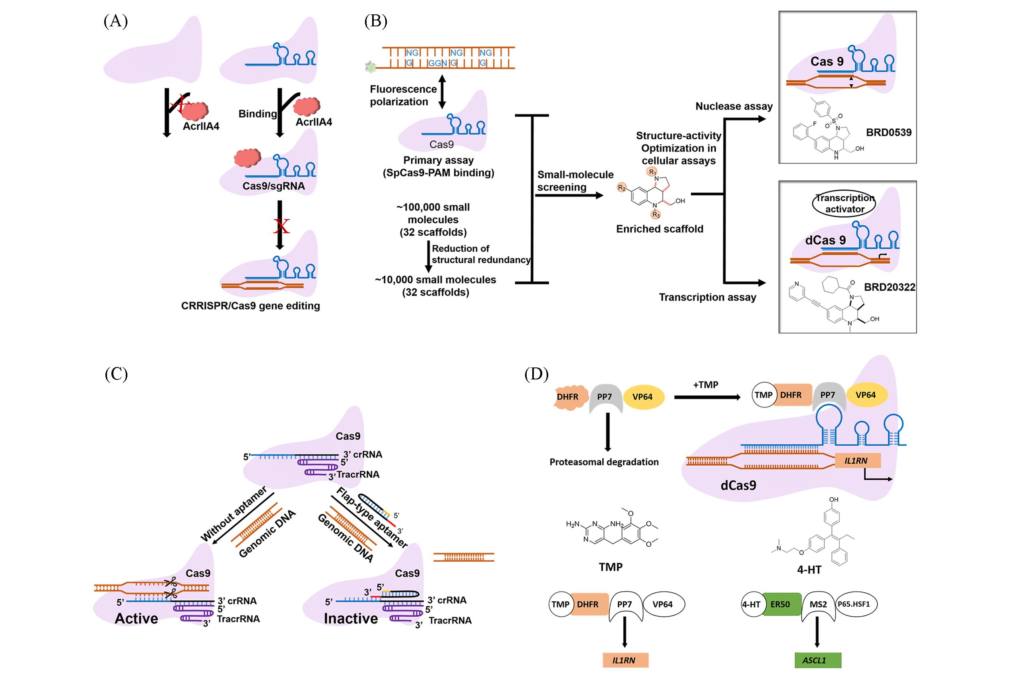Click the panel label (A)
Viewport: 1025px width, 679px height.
pyautogui.click(x=115, y=21)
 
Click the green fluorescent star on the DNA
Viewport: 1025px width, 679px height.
pyautogui.click(x=371, y=67)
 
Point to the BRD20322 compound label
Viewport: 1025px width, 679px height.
pyautogui.click(x=890, y=287)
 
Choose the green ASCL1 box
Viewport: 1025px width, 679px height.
pyautogui.click(x=818, y=660)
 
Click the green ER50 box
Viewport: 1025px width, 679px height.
pyautogui.click(x=779, y=604)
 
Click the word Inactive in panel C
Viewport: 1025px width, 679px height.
pyautogui.click(x=351, y=618)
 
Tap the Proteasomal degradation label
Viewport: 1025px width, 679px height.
pyautogui.click(x=604, y=462)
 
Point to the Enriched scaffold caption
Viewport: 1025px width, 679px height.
pyautogui.click(x=660, y=229)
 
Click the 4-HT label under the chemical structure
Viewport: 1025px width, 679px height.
pyautogui.click(x=809, y=570)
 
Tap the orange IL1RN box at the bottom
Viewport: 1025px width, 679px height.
pyautogui.click(x=625, y=660)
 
